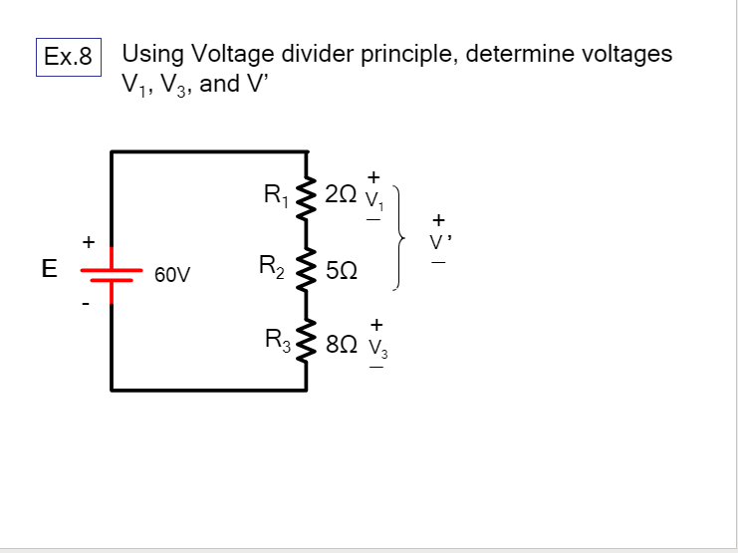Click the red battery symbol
(111, 270)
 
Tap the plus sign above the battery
(89, 241)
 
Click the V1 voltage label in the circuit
(374, 196)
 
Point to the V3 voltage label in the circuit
(376, 346)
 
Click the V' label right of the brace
(437, 240)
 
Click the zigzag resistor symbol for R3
(306, 341)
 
